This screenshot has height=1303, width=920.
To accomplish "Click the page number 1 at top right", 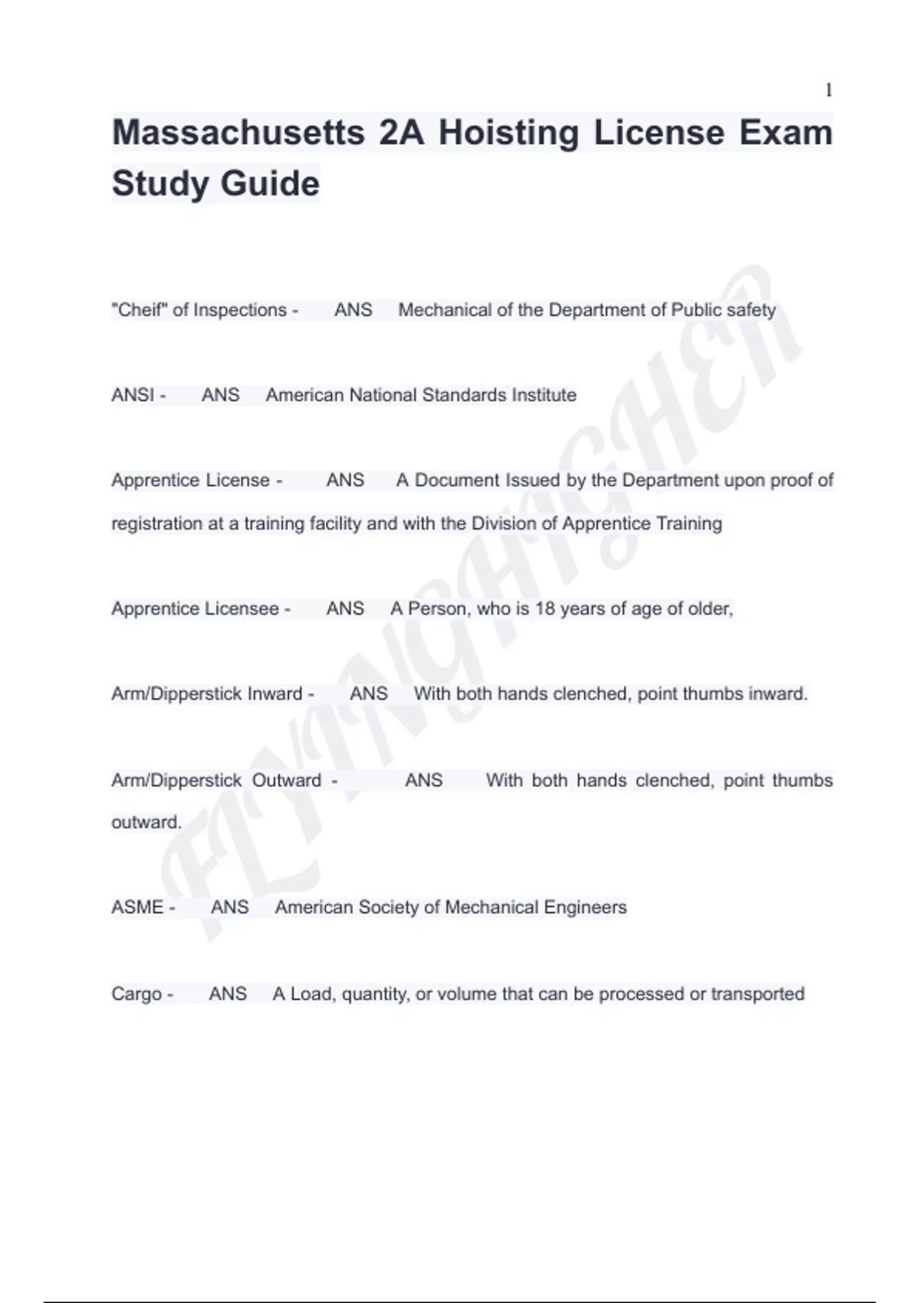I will tap(828, 90).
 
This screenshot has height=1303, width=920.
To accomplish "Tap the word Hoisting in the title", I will tap(508, 133).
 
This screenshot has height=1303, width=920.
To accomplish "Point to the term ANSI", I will tap(133, 395).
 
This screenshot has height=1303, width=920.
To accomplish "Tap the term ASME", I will tap(138, 908).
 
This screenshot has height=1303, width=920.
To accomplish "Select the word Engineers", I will tap(585, 908).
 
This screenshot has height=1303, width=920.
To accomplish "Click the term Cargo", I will tap(136, 994).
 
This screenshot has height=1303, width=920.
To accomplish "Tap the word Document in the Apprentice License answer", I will tap(457, 481).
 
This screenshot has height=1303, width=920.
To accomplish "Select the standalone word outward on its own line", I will tap(146, 822).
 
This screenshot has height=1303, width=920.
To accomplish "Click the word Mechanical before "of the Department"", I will tap(445, 310).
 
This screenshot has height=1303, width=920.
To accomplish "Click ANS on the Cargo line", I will tap(228, 994).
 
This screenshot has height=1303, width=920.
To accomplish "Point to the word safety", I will tap(751, 310).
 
